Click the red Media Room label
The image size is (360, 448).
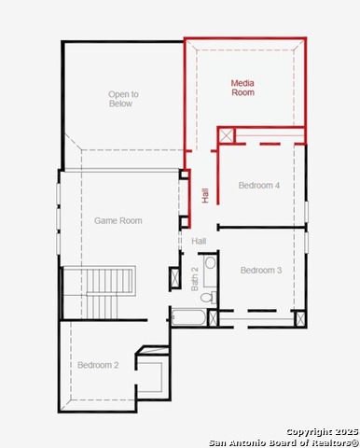click(x=242, y=88)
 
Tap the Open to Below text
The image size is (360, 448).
click(x=123, y=99)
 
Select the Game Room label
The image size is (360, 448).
click(x=118, y=220)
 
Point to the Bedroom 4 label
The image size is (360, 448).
click(x=259, y=186)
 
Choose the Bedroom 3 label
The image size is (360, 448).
click(x=261, y=270)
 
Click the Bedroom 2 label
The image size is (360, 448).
click(x=98, y=365)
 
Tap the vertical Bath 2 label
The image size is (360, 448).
click(x=195, y=279)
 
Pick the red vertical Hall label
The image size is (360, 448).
click(x=205, y=195)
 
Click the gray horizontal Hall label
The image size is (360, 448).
click(x=199, y=241)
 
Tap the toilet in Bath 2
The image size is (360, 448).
click(x=209, y=298)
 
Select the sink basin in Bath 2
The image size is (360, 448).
click(x=211, y=263)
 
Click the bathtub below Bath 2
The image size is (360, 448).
click(x=188, y=317)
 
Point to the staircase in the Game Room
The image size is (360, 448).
click(x=100, y=292)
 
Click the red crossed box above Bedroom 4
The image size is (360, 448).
click(x=226, y=135)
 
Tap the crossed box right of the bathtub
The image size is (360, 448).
click(x=213, y=317)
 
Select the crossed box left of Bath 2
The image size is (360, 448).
click(x=175, y=277)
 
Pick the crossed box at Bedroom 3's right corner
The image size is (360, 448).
click(x=300, y=319)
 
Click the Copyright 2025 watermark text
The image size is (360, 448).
click(x=323, y=432)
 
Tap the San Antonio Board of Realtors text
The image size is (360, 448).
click(x=284, y=442)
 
